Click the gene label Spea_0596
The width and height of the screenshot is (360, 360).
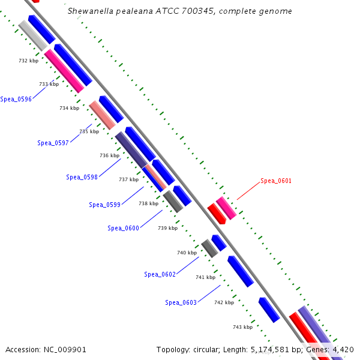(x=16, y=99)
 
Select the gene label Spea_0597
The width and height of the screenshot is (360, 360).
(x=53, y=143)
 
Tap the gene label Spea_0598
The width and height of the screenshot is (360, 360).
(x=82, y=177)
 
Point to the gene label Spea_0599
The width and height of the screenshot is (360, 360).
(x=104, y=205)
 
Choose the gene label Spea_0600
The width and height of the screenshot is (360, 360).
(x=123, y=228)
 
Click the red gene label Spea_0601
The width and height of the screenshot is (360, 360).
(x=276, y=181)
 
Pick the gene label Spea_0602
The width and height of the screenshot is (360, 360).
(x=160, y=274)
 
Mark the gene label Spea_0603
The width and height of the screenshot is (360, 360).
(x=181, y=302)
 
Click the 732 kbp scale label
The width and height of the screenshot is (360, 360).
(x=28, y=61)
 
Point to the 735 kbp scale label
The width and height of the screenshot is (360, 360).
(x=89, y=131)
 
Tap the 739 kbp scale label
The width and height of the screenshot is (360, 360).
(x=167, y=228)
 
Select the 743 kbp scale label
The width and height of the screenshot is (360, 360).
(x=242, y=327)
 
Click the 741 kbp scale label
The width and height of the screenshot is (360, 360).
(x=205, y=277)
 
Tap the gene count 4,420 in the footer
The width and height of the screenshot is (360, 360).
(x=341, y=349)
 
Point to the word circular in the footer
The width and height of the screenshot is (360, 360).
(x=208, y=349)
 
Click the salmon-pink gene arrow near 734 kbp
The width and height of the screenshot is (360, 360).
(x=102, y=115)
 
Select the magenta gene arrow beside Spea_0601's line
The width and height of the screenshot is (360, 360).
(x=226, y=208)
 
